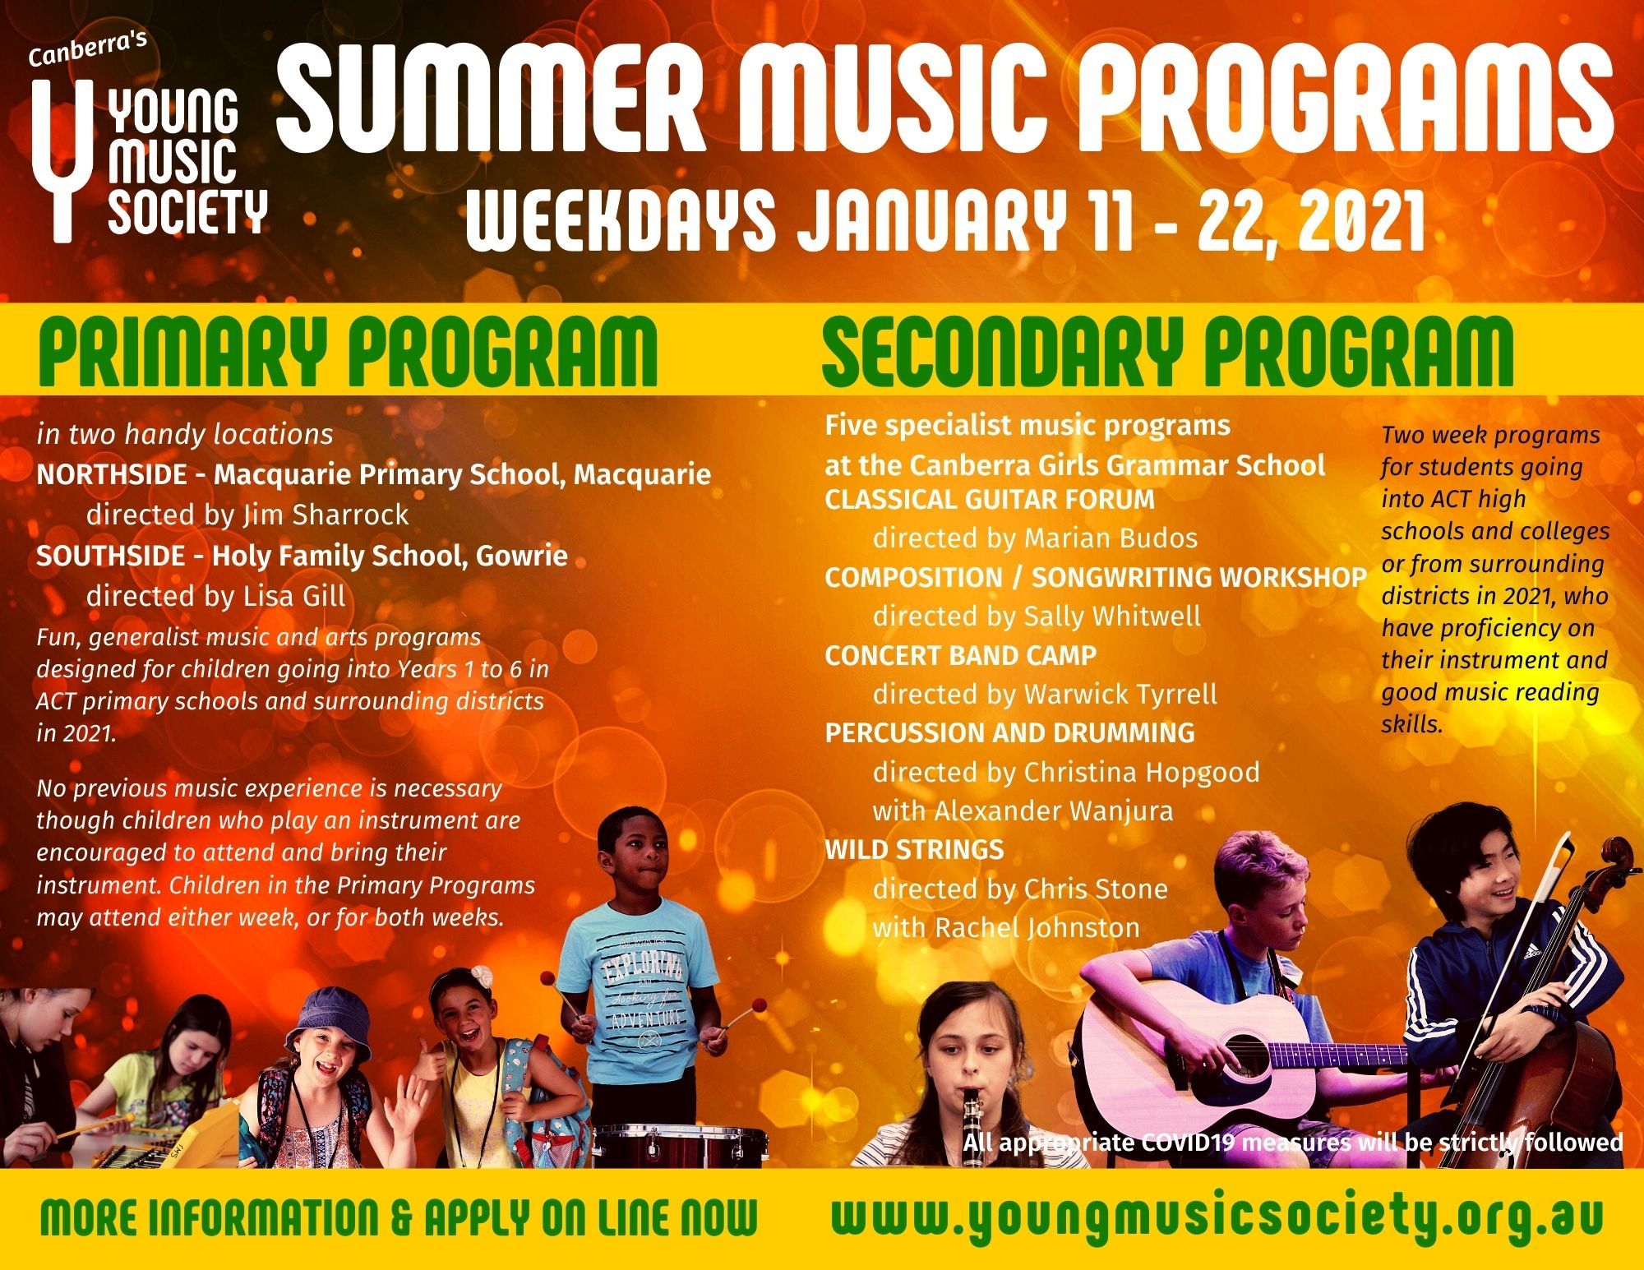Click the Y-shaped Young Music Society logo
[x=55, y=156]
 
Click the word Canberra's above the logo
[x=87, y=50]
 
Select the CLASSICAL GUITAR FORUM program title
[x=990, y=499]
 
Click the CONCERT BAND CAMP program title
[x=961, y=655]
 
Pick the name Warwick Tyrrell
[x=1120, y=694]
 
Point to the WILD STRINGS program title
[x=914, y=849]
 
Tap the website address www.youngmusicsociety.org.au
[x=1217, y=1218]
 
